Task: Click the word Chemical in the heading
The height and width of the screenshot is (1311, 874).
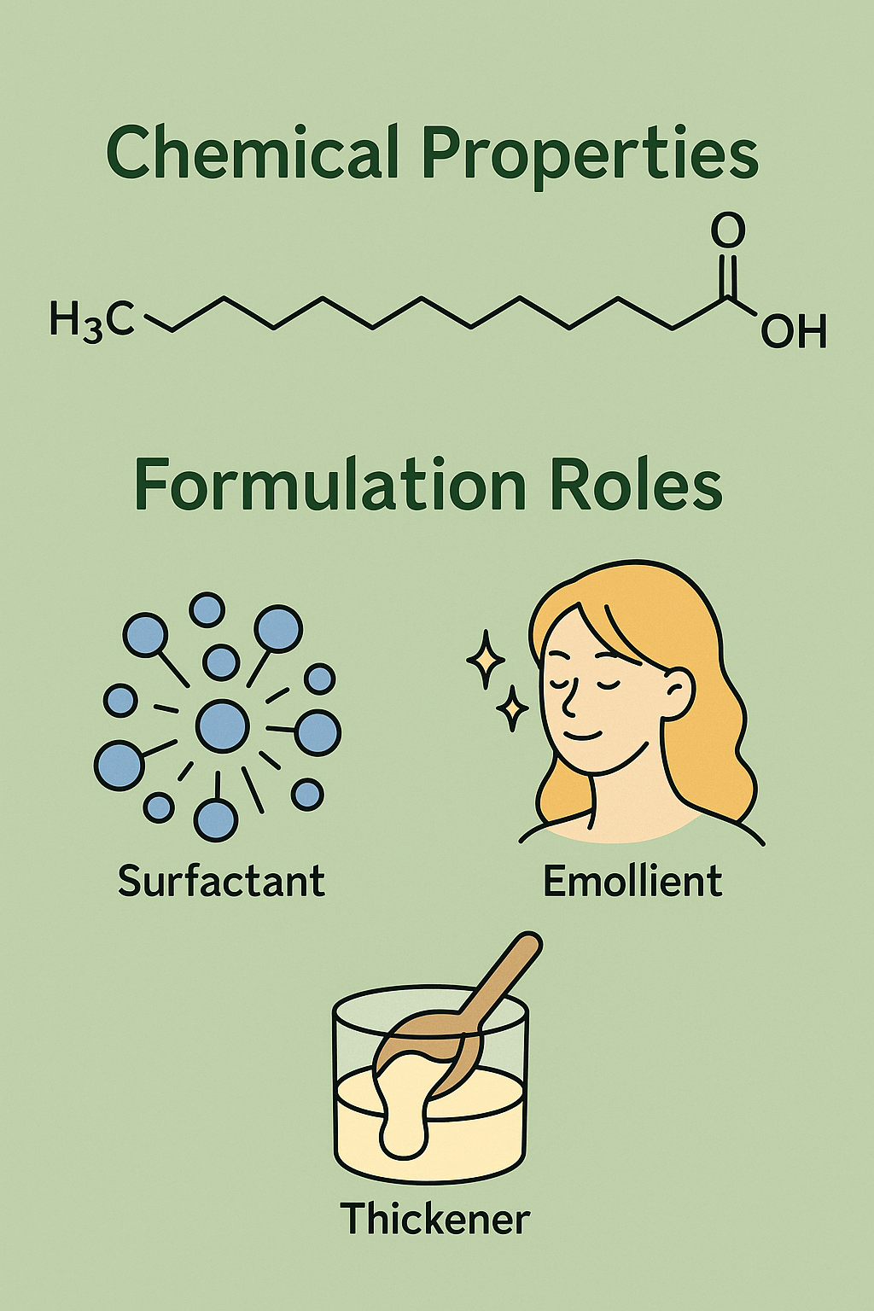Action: (253, 154)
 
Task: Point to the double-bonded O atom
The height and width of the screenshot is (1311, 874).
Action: (727, 231)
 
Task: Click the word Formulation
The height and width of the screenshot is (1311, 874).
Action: (329, 487)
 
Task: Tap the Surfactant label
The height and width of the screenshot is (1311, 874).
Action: (221, 881)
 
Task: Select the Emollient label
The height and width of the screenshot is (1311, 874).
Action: (632, 881)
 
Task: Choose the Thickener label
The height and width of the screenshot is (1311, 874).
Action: (435, 1218)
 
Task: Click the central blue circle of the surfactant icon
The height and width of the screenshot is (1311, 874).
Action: (222, 726)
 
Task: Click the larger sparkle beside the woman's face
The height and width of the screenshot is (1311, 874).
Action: (486, 659)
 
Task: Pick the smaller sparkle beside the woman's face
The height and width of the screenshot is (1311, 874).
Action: (512, 708)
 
